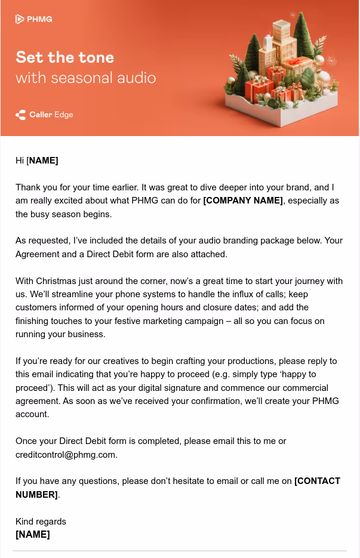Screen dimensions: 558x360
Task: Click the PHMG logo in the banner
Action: [34, 19]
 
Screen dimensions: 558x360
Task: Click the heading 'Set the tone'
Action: [64, 57]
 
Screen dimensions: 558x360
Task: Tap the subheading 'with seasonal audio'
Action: [85, 78]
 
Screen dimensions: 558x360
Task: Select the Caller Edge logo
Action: [45, 115]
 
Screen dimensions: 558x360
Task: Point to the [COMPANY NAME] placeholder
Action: [243, 201]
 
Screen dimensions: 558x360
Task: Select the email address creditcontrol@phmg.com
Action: [66, 454]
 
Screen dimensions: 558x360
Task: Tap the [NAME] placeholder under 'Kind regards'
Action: [33, 534]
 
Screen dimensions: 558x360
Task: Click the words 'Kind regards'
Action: [41, 522]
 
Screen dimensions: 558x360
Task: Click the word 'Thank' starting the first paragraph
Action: [27, 187]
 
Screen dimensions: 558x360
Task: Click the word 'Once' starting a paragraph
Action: [26, 441]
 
